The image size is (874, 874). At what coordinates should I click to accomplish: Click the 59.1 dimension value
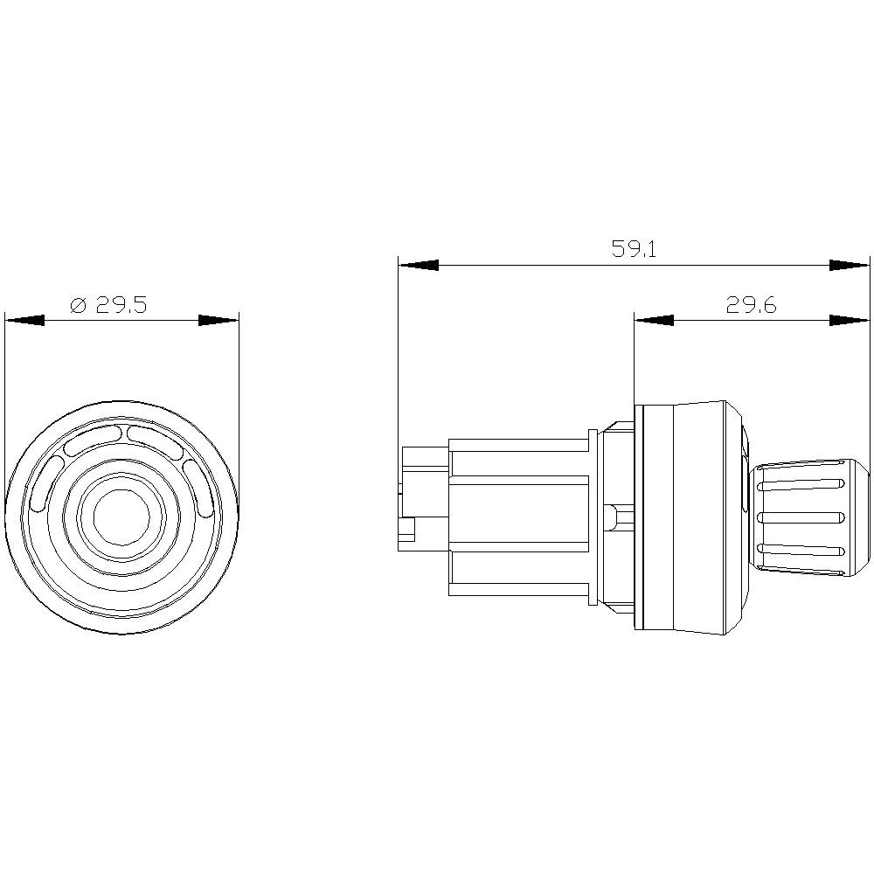coord(634,249)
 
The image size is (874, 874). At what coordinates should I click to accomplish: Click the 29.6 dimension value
coord(751,305)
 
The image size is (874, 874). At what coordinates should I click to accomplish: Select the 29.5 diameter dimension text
coord(121,305)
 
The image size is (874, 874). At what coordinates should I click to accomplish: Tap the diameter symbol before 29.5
coord(78,305)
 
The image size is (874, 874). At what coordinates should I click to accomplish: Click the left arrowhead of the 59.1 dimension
coord(419,265)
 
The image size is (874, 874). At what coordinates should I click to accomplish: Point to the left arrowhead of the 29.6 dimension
coord(654,321)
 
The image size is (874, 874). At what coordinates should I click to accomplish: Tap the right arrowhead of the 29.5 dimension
coord(218,321)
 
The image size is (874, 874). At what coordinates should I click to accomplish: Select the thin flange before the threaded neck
coord(594,517)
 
